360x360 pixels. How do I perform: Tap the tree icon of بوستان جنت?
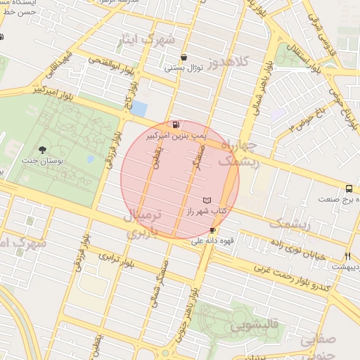click(x=43, y=149)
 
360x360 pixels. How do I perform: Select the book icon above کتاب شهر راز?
click(x=206, y=200)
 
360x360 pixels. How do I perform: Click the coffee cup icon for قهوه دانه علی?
click(x=212, y=230)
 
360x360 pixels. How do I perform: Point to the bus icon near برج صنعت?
click(x=349, y=188)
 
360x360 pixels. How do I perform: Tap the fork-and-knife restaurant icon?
click(x=347, y=256)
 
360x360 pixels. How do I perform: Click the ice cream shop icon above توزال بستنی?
click(x=184, y=58)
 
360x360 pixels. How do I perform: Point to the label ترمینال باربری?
click(x=148, y=224)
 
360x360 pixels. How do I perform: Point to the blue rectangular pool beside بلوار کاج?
click(x=139, y=109)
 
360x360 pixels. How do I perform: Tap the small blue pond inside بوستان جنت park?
click(x=90, y=159)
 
